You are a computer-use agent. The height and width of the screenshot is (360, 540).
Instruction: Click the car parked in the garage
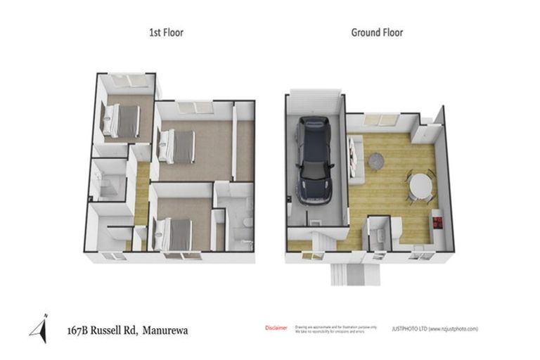click(314, 160)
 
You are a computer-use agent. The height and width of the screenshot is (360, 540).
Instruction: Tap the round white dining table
click(420, 186)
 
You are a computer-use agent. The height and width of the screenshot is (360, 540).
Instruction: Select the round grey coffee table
click(377, 161)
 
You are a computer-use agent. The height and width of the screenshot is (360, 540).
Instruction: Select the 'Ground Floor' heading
click(377, 32)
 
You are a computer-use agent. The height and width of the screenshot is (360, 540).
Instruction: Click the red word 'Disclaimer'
click(276, 328)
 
